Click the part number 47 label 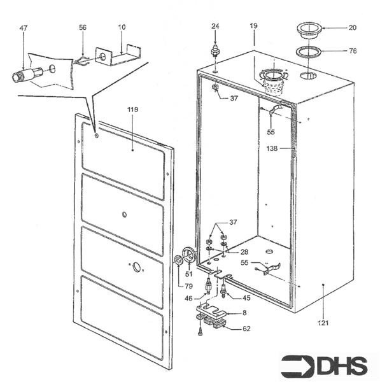pos(24,29)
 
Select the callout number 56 pos(83,28)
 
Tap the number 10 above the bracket pos(121,28)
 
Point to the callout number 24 pos(215,26)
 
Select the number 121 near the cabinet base pos(325,323)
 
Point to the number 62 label pos(246,329)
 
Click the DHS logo pos(325,365)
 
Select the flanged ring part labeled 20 pos(309,29)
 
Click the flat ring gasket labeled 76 pos(308,52)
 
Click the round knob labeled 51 pos(188,255)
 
